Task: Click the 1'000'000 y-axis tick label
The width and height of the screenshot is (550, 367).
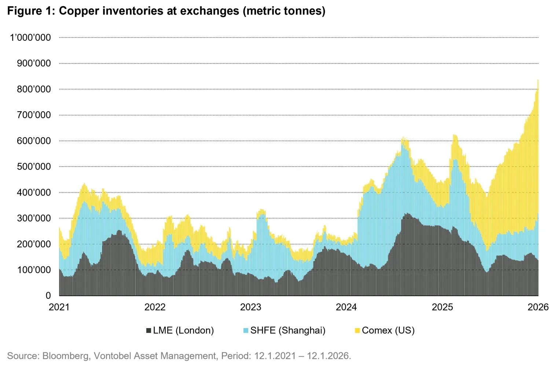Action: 30,38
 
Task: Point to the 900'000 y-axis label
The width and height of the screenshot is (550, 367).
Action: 34,63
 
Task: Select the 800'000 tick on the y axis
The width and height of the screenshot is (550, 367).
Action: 34,89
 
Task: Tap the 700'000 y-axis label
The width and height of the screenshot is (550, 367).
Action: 34,115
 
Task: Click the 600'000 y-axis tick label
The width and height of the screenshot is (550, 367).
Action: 34,141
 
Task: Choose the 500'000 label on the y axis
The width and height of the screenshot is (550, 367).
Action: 34,167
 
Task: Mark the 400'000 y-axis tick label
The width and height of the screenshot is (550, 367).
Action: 34,193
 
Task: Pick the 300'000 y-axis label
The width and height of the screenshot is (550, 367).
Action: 34,218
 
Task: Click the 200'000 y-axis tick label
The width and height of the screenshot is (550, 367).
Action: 34,244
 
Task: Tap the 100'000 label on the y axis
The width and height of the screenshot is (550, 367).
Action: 34,270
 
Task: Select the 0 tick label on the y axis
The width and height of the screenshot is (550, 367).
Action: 48,296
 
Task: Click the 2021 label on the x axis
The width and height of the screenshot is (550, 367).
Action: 59,307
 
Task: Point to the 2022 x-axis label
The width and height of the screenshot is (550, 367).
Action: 155,307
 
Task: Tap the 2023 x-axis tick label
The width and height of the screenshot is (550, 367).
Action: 250,307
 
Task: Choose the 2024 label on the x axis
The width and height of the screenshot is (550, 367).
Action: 346,307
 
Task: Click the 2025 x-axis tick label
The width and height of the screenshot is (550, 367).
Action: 442,307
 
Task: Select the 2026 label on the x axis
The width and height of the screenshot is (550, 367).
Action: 538,307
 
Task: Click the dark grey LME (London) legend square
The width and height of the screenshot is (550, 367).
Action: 148,331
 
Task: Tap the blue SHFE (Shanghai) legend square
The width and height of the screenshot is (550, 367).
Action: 246,331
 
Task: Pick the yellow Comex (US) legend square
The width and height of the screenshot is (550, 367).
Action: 357,331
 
